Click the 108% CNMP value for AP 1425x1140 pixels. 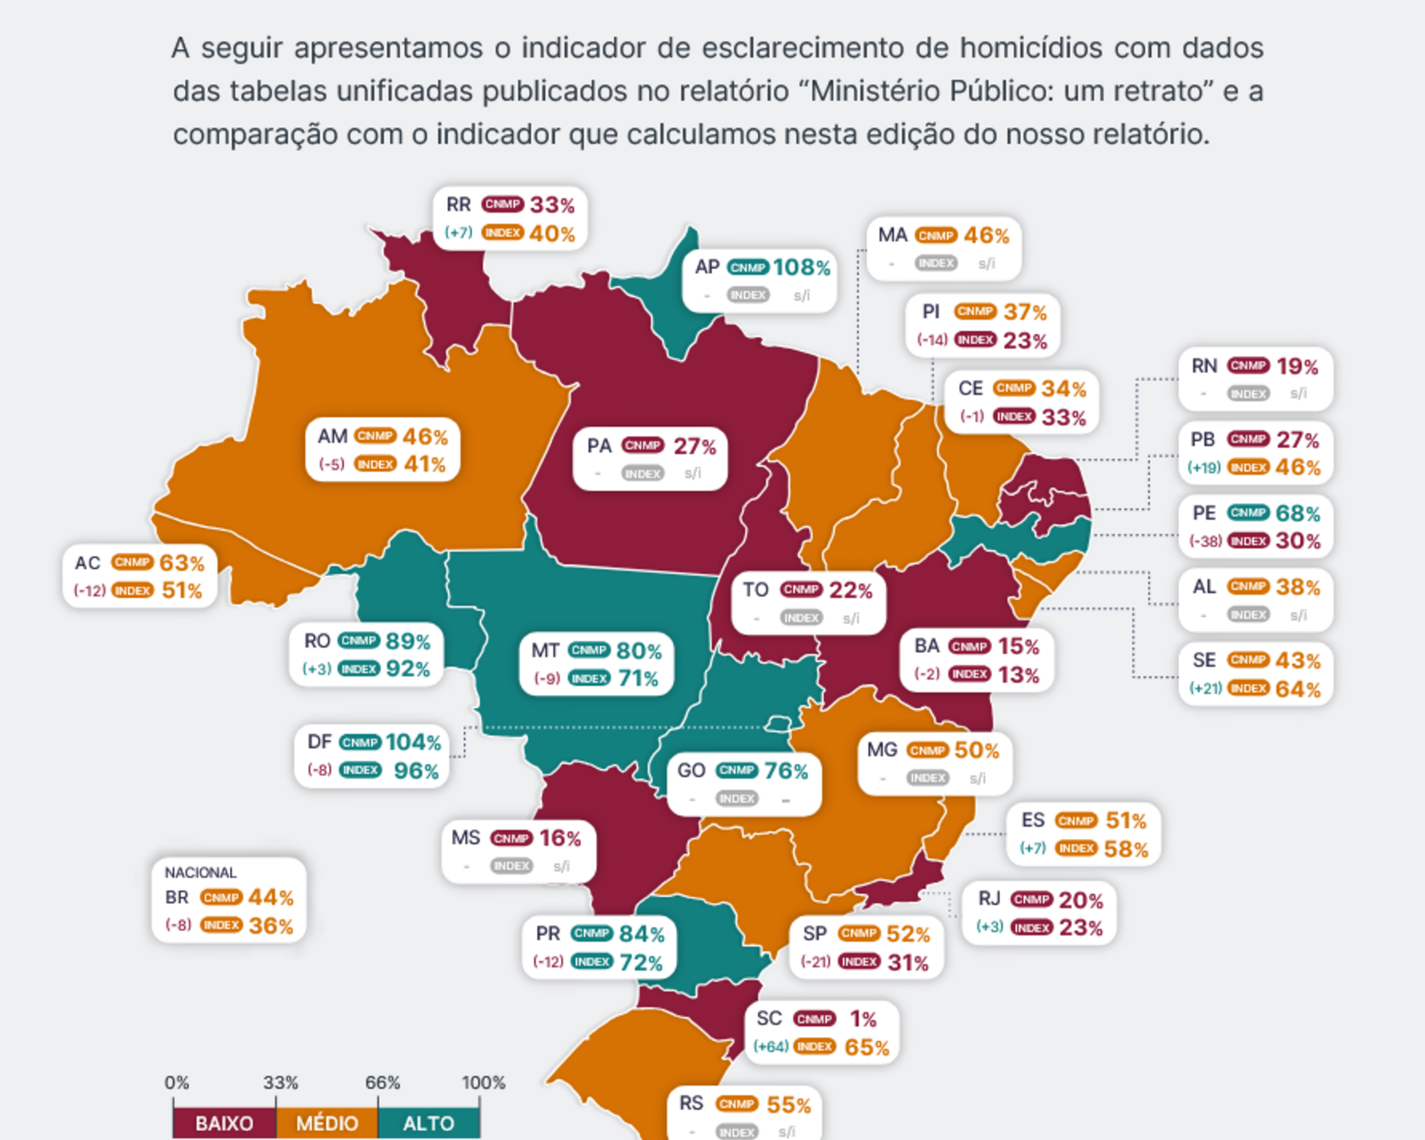(x=801, y=268)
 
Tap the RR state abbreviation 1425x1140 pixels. (x=459, y=205)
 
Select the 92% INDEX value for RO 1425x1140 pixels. (x=408, y=669)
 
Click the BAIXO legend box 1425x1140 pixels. (x=224, y=1123)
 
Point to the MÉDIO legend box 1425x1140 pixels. (x=326, y=1123)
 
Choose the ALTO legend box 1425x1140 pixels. (x=428, y=1123)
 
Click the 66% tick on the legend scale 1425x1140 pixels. (x=382, y=1082)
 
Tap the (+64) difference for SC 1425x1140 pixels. (x=771, y=1047)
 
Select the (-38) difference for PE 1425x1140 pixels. (x=1205, y=541)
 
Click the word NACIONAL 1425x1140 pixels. (x=200, y=872)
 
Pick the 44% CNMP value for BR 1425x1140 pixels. (x=271, y=898)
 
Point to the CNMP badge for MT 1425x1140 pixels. (x=588, y=650)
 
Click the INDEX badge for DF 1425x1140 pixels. (x=360, y=770)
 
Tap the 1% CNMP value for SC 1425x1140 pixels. (x=863, y=1019)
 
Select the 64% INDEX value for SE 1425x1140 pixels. (x=1297, y=689)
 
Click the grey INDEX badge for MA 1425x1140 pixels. (x=936, y=263)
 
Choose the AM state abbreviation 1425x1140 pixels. (x=332, y=436)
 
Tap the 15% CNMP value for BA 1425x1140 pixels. (x=1018, y=646)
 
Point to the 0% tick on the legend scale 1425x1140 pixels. (x=176, y=1082)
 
